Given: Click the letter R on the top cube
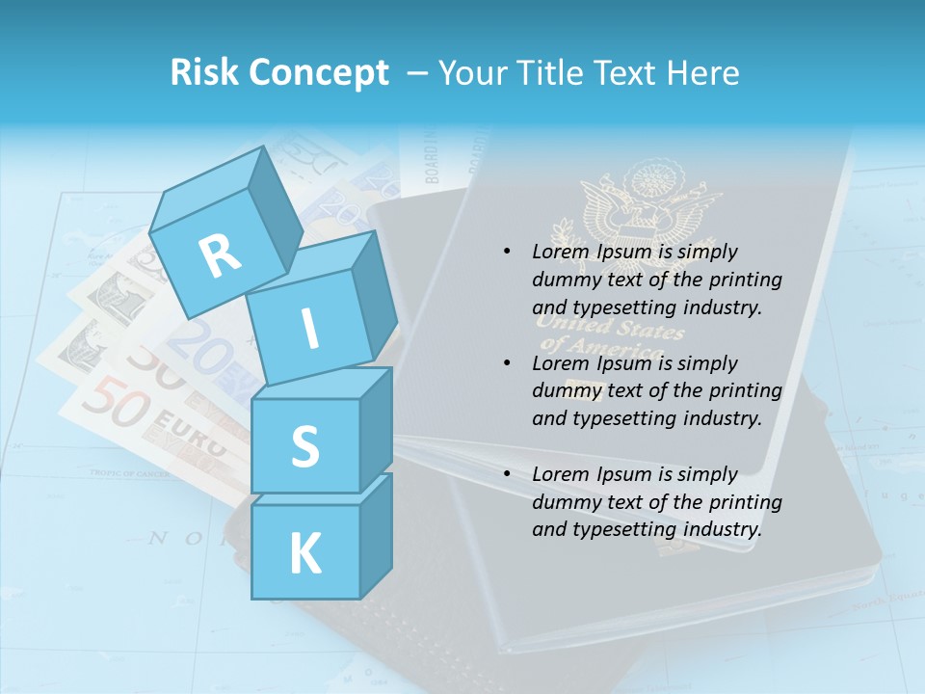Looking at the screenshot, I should [x=221, y=256].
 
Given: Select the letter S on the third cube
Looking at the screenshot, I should [x=304, y=445].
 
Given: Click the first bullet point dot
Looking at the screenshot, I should [x=507, y=253].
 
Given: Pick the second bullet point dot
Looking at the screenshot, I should [x=507, y=363].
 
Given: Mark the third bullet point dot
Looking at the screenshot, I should [x=507, y=474].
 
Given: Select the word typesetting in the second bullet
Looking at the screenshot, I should [x=621, y=418].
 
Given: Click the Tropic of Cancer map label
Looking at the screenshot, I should [x=129, y=472].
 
